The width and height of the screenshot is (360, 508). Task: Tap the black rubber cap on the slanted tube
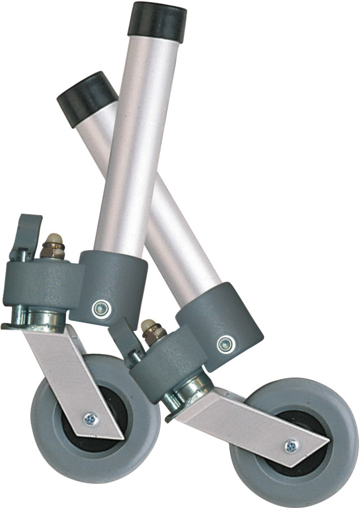click(87, 92)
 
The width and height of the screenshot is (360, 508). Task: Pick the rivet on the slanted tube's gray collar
click(225, 343)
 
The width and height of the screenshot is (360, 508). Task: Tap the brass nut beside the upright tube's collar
click(53, 247)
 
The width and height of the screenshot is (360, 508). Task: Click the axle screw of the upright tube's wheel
click(90, 419)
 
